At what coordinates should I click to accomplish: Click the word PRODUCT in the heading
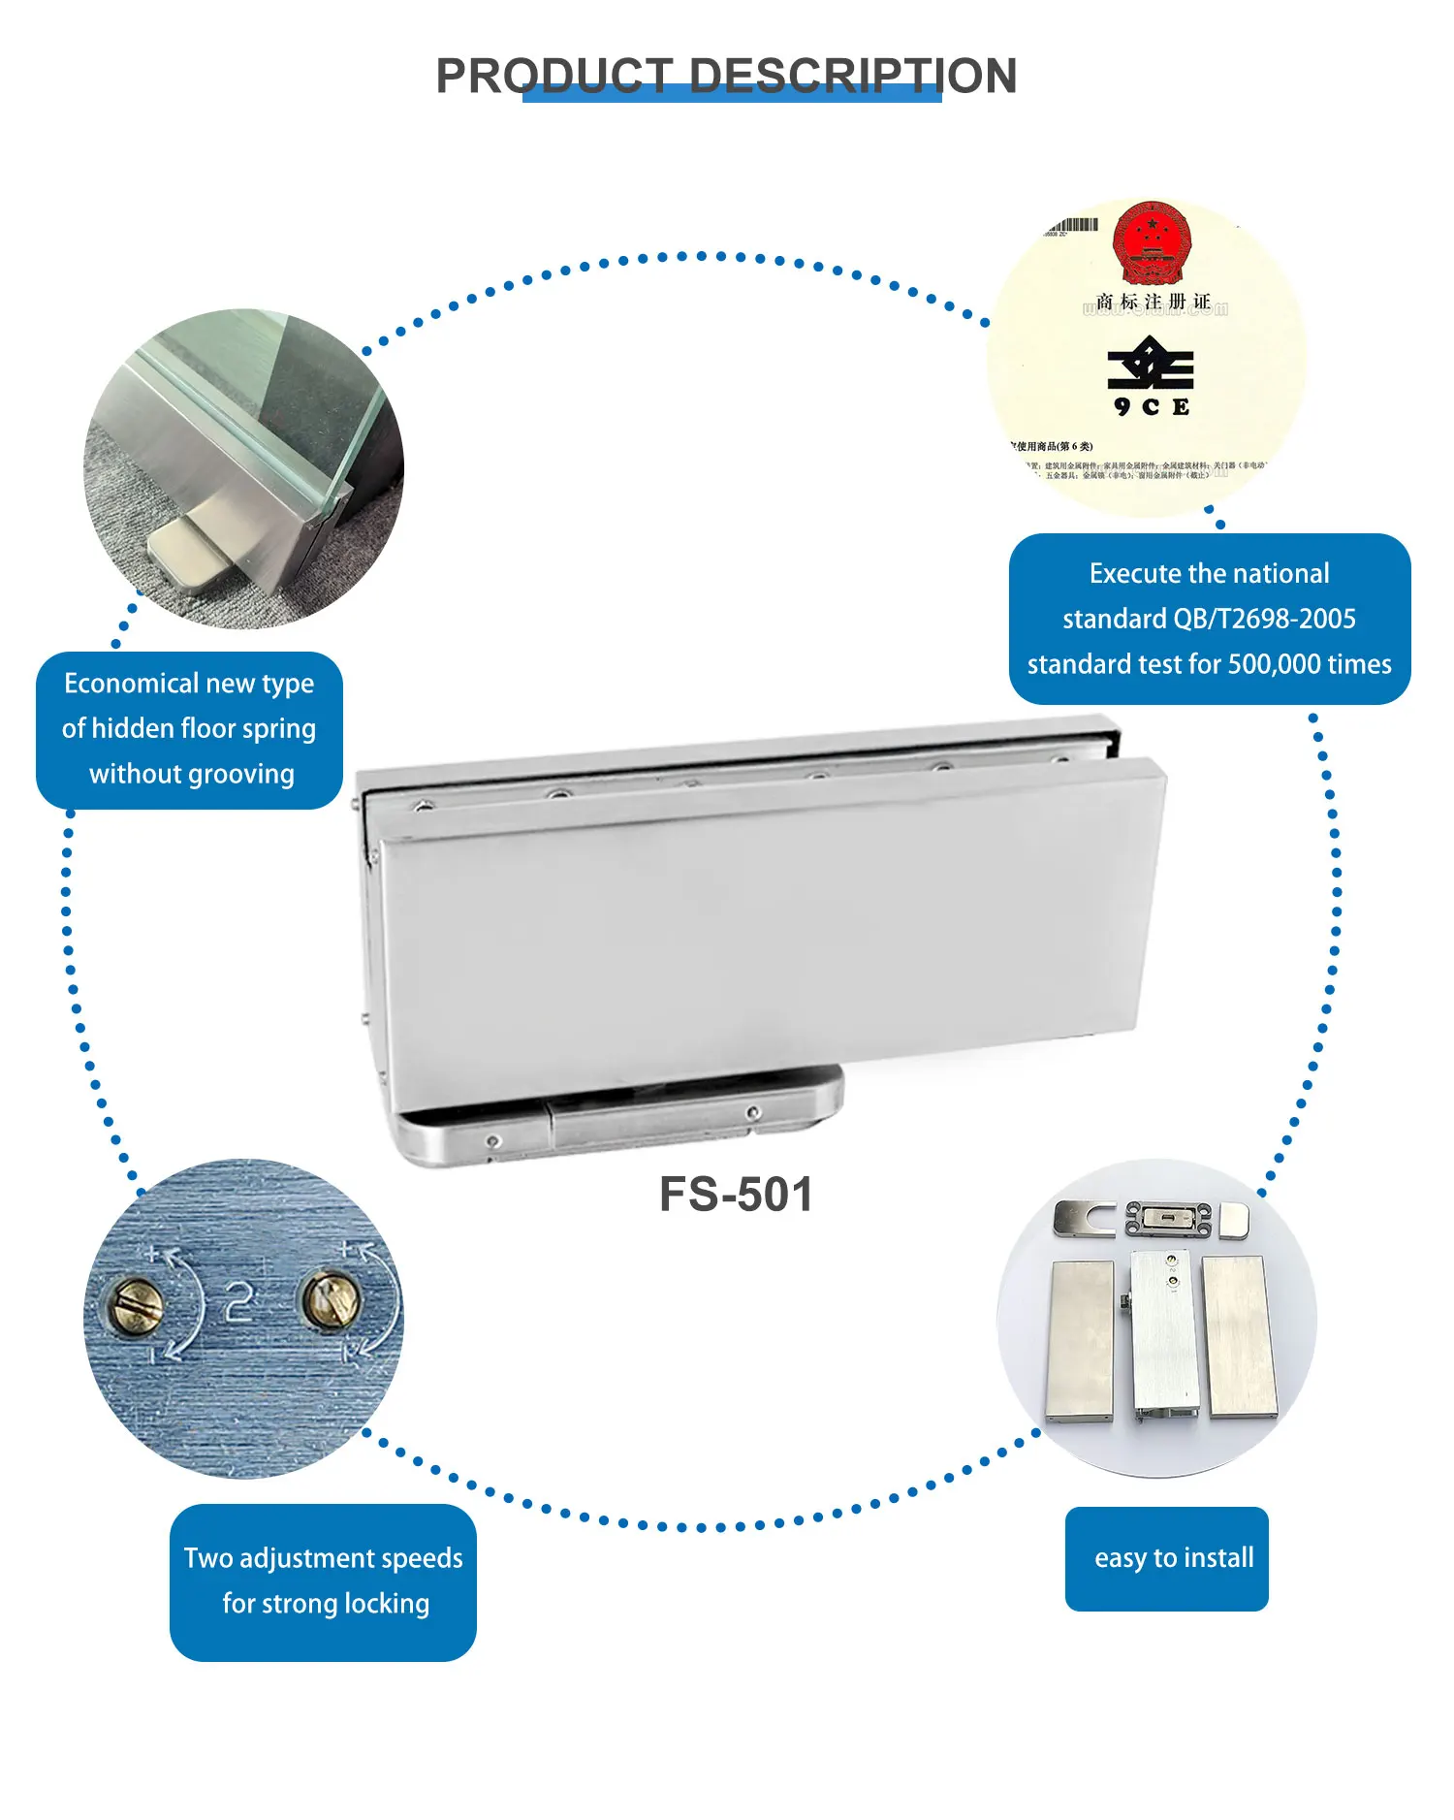tap(553, 76)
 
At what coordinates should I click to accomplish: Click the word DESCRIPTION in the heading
tap(853, 76)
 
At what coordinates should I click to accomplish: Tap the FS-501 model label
tap(736, 1195)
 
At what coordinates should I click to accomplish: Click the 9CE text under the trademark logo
tap(1152, 407)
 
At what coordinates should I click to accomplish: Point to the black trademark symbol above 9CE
tap(1151, 364)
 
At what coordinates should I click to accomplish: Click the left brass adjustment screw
tap(135, 1304)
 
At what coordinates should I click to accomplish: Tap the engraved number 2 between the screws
tap(238, 1301)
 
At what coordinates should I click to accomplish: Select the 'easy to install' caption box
tap(1166, 1558)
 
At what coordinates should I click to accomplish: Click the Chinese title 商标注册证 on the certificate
tap(1153, 303)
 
